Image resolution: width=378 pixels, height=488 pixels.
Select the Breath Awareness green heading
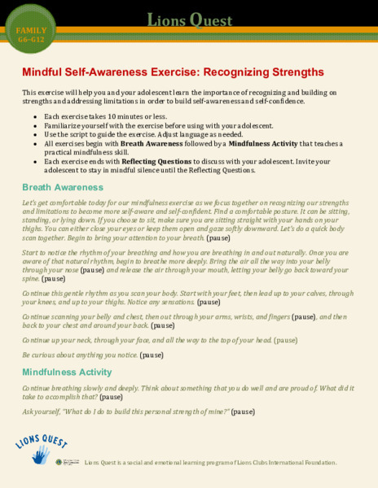(63, 187)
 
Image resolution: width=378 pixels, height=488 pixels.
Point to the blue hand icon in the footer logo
(40, 455)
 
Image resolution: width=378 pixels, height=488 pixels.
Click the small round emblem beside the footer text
(60, 462)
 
